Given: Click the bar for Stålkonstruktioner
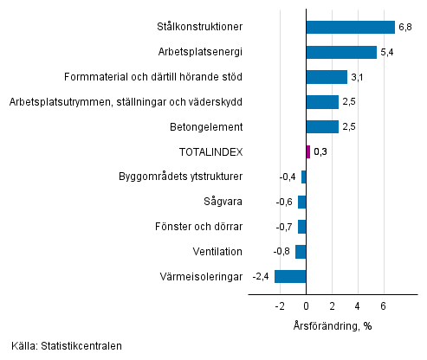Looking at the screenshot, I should [x=350, y=27].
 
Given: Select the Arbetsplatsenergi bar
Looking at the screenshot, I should [x=341, y=52].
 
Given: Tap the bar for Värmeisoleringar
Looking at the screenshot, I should [x=290, y=277].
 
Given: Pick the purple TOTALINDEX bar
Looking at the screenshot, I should [x=307, y=151].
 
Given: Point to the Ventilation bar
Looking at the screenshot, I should [x=301, y=252].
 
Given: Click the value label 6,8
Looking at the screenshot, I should [x=405, y=28].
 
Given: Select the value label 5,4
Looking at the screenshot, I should [x=387, y=53].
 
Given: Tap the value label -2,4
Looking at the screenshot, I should [x=261, y=277].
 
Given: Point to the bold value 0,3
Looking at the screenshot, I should [x=320, y=152].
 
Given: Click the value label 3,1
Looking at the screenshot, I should [x=358, y=78].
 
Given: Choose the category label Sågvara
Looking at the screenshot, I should [x=225, y=202].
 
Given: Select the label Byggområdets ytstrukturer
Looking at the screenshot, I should [x=180, y=177].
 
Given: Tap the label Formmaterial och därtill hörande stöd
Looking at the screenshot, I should [x=153, y=77].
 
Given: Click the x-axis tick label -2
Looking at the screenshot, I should [x=279, y=306].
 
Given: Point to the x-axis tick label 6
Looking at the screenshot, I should [x=383, y=306].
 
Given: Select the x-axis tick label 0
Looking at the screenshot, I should [x=306, y=306].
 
